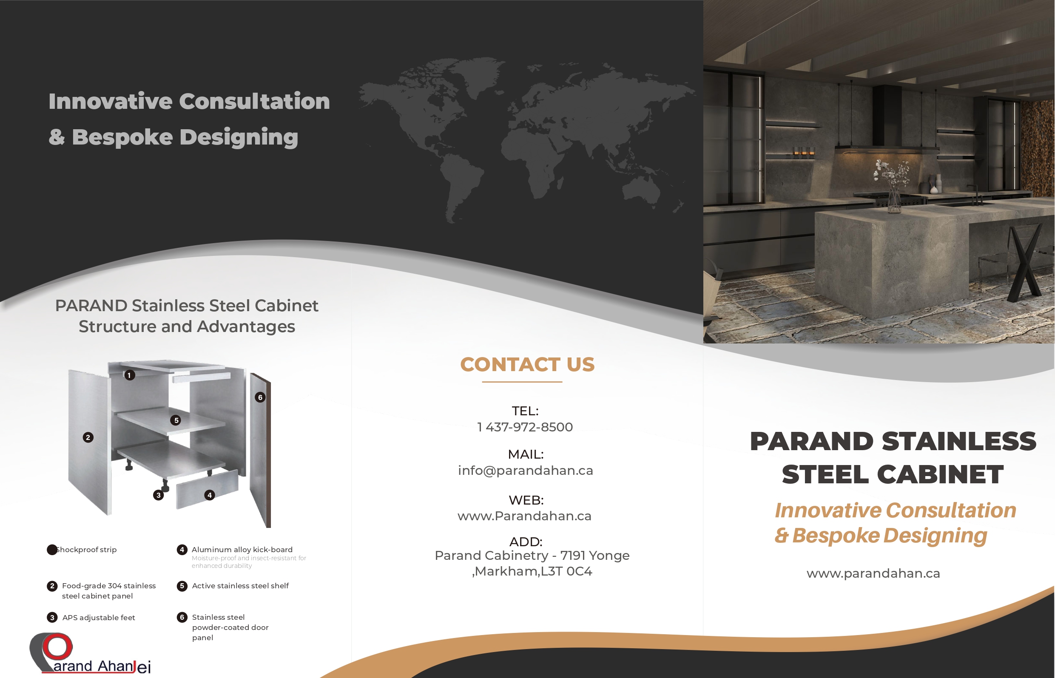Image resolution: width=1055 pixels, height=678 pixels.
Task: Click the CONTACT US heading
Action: [527, 365]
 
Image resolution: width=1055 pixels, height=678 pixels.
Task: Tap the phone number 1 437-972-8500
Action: [525, 427]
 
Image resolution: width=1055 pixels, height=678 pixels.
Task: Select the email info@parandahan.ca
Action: [525, 471]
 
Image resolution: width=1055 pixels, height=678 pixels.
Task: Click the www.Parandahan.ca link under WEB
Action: [524, 516]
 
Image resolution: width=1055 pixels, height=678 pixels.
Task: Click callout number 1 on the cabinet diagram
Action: [129, 375]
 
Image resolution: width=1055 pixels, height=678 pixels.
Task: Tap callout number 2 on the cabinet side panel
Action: [88, 437]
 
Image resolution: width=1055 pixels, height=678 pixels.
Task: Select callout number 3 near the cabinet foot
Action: [159, 495]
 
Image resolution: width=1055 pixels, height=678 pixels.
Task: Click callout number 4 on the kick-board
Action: [210, 495]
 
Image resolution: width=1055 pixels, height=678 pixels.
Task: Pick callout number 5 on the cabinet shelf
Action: [176, 420]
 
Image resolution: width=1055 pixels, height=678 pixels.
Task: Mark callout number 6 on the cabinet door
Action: [260, 397]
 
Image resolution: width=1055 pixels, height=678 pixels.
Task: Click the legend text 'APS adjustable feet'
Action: [99, 618]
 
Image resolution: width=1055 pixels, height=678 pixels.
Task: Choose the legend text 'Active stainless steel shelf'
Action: [240, 586]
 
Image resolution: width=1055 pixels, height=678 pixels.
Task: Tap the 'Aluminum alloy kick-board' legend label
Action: [242, 550]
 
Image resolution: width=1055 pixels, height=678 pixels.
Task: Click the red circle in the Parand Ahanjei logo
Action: [57, 647]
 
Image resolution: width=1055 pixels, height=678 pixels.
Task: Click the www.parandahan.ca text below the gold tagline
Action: [873, 573]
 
